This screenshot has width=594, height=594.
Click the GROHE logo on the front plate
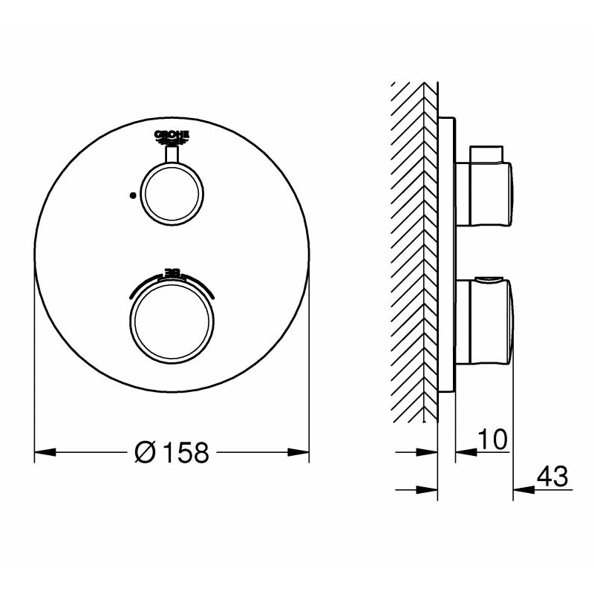(172, 134)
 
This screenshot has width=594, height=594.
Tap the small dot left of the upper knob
(131, 195)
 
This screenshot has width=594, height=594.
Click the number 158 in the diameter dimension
(184, 451)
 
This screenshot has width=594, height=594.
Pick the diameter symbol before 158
(146, 451)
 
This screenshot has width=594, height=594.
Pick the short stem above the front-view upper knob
(172, 153)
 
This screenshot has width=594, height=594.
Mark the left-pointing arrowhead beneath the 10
(464, 451)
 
